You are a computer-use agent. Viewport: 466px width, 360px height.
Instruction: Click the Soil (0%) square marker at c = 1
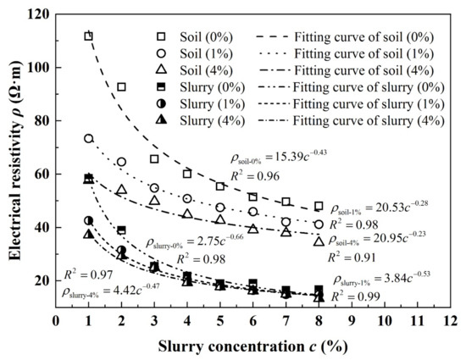click(88, 36)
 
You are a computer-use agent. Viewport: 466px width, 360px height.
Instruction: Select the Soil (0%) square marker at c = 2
click(121, 86)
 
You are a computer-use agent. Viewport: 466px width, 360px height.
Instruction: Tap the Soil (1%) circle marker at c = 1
click(88, 138)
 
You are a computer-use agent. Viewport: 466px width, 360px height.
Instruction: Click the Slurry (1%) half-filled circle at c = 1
click(88, 220)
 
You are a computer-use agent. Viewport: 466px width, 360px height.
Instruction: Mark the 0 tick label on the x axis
click(55, 321)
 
